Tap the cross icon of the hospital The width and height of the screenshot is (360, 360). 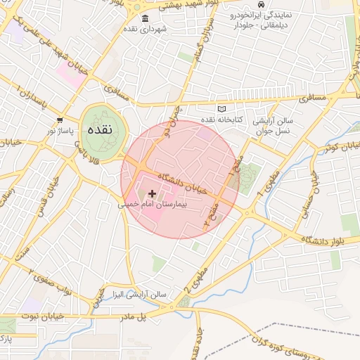[153, 193]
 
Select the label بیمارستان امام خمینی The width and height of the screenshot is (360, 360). [153, 205]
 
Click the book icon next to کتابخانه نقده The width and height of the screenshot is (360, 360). [223, 109]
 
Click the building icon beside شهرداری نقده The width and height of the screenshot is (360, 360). [145, 18]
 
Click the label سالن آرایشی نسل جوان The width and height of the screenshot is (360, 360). [274, 126]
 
